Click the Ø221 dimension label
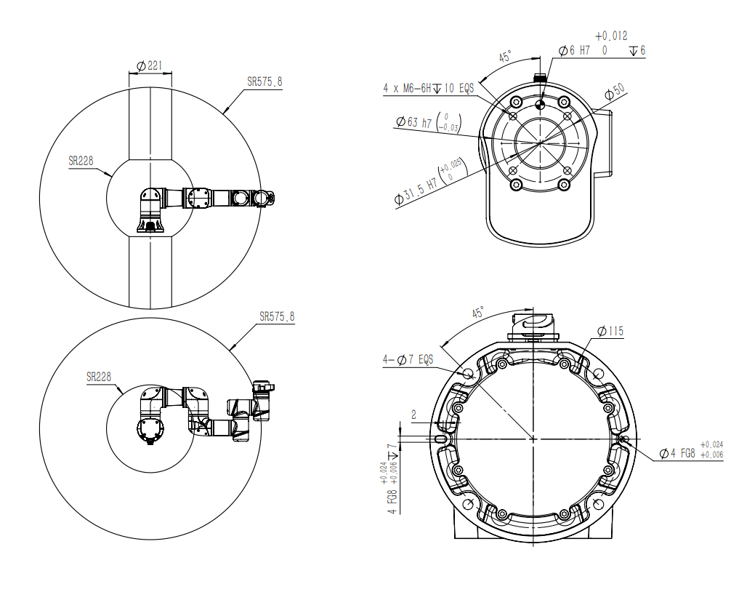pos(149,65)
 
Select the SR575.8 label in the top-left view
pos(264,81)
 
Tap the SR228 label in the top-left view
pos(81,161)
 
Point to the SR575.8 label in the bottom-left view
pos(277,316)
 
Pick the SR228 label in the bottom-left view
pos(99,377)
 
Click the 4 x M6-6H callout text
pos(407,88)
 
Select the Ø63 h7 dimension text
pos(413,122)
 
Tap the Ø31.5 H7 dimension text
pos(416,190)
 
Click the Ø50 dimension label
pos(615,92)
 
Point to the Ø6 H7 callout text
pos(574,50)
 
